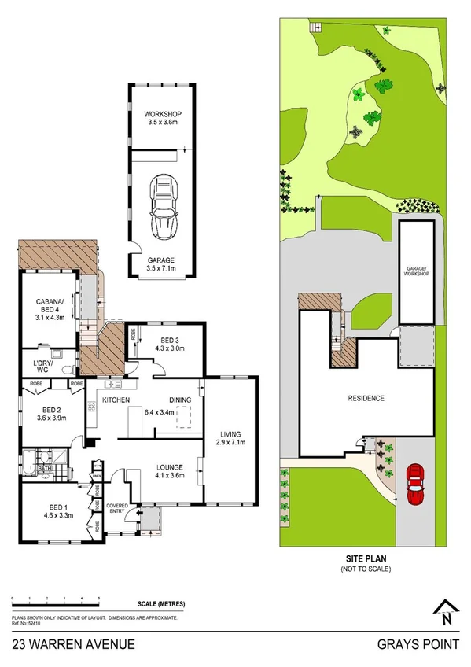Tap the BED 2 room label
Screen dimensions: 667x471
50,415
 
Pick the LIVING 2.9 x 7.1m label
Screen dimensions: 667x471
230,438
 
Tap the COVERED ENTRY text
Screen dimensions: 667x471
117,509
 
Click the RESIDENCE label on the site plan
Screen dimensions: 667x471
366,398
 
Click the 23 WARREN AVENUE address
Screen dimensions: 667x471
72,644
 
